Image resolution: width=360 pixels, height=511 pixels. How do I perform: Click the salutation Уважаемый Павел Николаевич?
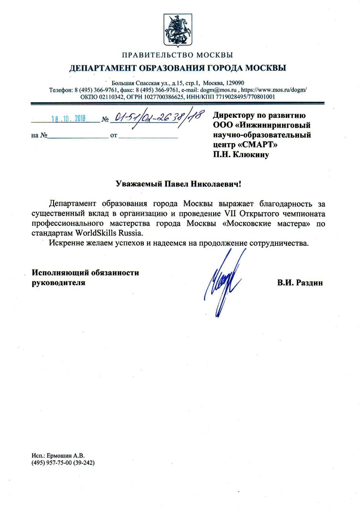[x=179, y=184]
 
